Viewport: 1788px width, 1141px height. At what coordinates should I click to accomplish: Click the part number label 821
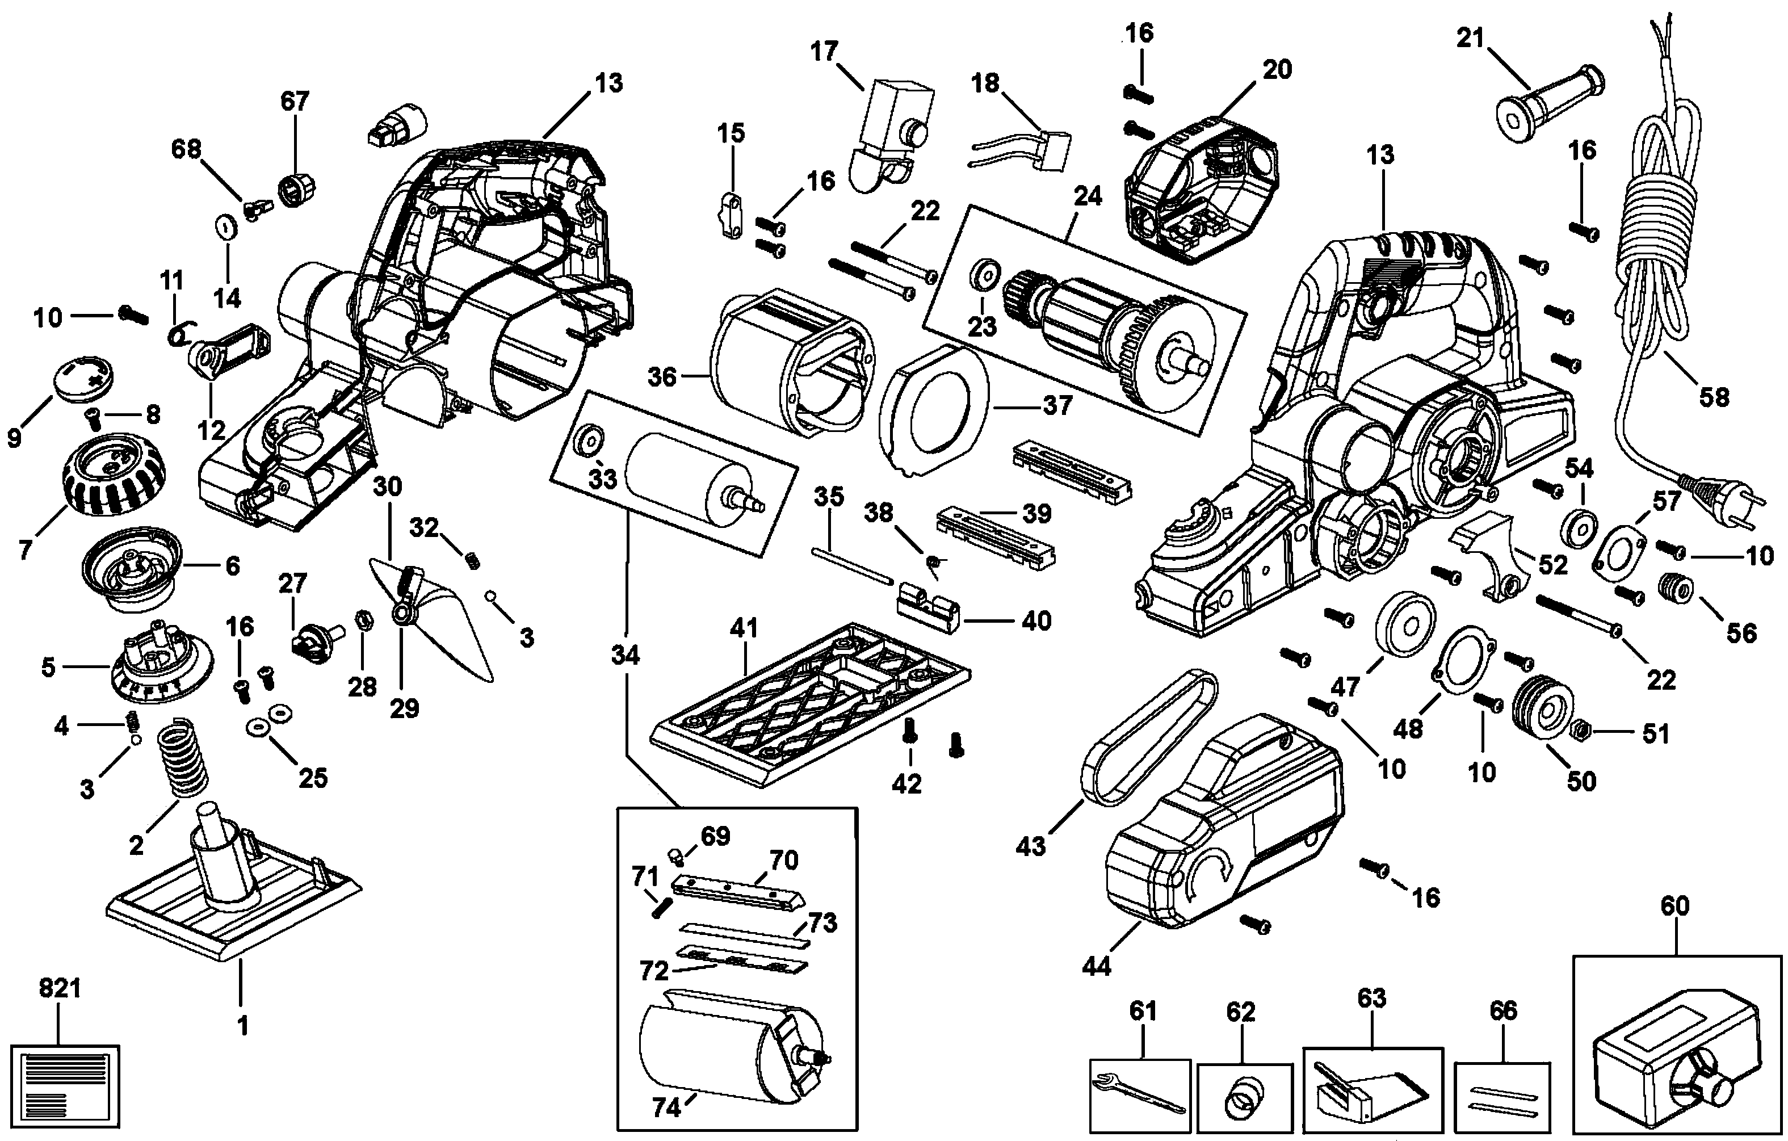[x=60, y=989]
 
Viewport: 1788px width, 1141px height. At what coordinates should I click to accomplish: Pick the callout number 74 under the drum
[x=666, y=1108]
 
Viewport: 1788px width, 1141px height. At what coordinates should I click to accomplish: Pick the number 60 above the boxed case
[x=1674, y=905]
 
